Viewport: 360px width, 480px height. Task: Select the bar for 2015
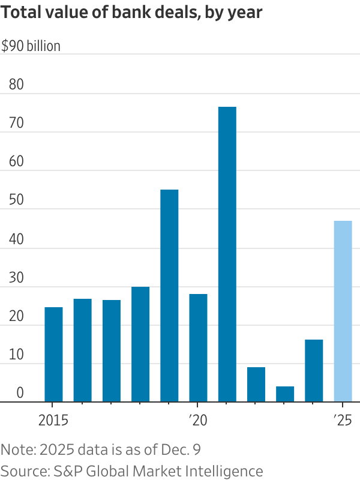point(53,354)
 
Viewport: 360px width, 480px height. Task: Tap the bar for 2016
point(83,350)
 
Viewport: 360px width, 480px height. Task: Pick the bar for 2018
point(140,344)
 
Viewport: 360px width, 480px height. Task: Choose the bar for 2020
point(198,348)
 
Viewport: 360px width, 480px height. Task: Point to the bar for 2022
point(256,385)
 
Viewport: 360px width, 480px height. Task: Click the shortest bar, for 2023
point(285,394)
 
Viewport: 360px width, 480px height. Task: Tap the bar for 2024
point(314,371)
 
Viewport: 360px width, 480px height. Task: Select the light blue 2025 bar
point(343,311)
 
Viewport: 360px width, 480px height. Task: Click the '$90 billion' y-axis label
point(31,46)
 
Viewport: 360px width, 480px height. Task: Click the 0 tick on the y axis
point(20,394)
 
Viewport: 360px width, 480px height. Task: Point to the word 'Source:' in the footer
point(23,470)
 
